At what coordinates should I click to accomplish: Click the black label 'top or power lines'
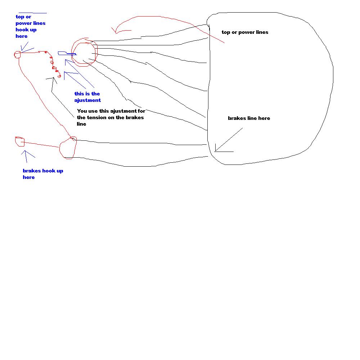[245, 32]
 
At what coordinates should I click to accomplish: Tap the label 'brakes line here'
[249, 118]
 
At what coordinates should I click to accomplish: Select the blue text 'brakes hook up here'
[42, 174]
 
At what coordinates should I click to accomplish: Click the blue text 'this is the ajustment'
[87, 97]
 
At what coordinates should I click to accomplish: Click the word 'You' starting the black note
[82, 111]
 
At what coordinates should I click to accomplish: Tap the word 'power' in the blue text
[24, 23]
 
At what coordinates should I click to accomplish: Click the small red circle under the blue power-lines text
[17, 54]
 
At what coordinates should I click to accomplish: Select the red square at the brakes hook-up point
[20, 141]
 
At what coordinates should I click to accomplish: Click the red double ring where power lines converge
[84, 53]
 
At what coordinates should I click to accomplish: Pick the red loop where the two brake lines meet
[68, 148]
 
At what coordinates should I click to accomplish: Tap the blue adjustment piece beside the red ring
[67, 54]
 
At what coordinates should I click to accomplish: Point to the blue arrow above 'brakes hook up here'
[26, 154]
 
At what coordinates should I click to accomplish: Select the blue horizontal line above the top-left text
[32, 13]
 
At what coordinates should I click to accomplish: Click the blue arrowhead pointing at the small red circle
[22, 49]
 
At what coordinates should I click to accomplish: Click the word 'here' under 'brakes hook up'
[29, 177]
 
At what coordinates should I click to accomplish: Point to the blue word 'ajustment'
[87, 100]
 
